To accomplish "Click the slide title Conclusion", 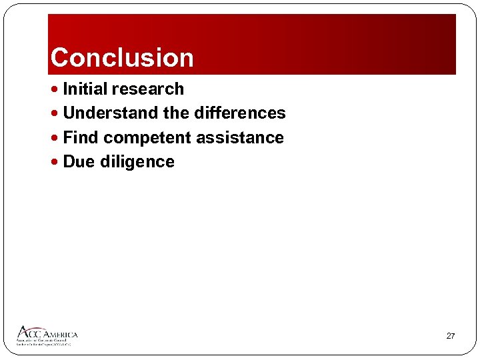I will (122, 58).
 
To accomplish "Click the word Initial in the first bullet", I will (85, 89).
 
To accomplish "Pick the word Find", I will (80, 138).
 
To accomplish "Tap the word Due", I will (79, 162).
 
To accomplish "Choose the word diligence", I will (137, 162).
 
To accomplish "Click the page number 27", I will (450, 336).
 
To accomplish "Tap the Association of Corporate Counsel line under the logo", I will (43, 341).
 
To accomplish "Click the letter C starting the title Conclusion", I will (60, 58).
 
